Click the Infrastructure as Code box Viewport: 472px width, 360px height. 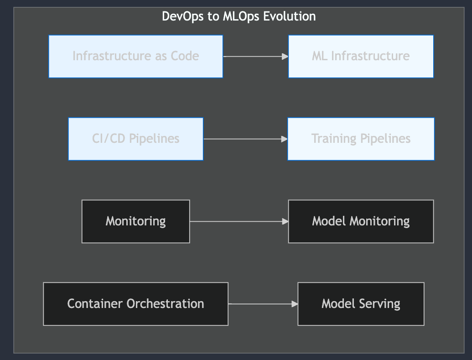(135, 57)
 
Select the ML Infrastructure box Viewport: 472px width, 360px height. (361, 57)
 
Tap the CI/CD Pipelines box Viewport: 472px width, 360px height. (135, 139)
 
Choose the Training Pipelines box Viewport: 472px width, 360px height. (361, 139)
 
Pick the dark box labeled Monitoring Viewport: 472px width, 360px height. (135, 221)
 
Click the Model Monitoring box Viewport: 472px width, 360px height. (361, 221)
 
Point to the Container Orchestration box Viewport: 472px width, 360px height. (135, 304)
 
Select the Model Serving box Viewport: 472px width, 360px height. (361, 304)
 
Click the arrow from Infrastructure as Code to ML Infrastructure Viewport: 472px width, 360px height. (255, 57)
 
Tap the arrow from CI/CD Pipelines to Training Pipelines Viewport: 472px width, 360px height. (245, 139)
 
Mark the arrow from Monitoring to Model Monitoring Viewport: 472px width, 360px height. (239, 221)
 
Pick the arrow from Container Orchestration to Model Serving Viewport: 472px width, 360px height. (263, 304)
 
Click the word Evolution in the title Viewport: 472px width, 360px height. (289, 16)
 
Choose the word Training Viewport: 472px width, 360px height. (334, 139)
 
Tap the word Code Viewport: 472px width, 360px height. (185, 57)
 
